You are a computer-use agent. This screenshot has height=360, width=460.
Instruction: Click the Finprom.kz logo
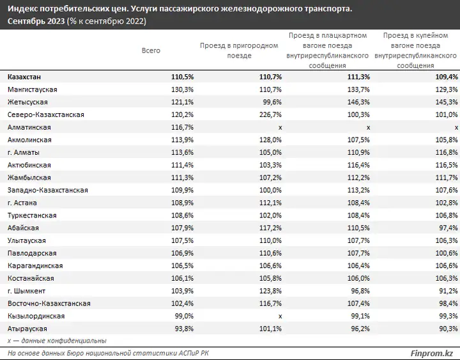[431, 353]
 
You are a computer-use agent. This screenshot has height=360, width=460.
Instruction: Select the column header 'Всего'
[151, 51]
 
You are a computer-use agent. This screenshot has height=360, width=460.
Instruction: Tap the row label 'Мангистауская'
[33, 90]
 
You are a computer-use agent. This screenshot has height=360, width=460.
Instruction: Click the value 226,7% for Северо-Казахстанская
[270, 114]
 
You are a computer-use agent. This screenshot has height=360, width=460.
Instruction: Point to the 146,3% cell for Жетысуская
[358, 102]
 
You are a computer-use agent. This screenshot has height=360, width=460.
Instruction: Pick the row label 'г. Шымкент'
[26, 291]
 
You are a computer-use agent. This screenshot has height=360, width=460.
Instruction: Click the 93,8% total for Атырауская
[184, 329]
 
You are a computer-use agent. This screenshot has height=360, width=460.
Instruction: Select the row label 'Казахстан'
[24, 77]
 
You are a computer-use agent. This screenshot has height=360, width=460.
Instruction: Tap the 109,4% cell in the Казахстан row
[447, 77]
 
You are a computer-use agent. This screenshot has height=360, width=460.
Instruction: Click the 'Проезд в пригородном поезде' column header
[239, 51]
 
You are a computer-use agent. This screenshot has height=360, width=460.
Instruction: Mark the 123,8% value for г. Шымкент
[270, 291]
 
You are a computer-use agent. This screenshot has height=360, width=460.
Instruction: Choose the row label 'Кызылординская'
[36, 317]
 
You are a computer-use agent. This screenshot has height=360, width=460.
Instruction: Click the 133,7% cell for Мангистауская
[358, 90]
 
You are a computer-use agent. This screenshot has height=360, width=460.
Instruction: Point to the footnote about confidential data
[57, 341]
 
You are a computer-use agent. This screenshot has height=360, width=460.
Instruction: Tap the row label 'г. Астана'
[22, 203]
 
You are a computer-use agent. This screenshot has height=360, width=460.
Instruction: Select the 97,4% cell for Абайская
[448, 228]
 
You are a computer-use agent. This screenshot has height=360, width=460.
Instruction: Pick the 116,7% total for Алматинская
[183, 127]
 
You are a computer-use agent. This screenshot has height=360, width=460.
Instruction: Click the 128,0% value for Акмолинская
[270, 140]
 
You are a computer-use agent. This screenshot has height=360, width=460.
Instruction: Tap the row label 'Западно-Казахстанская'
[48, 191]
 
